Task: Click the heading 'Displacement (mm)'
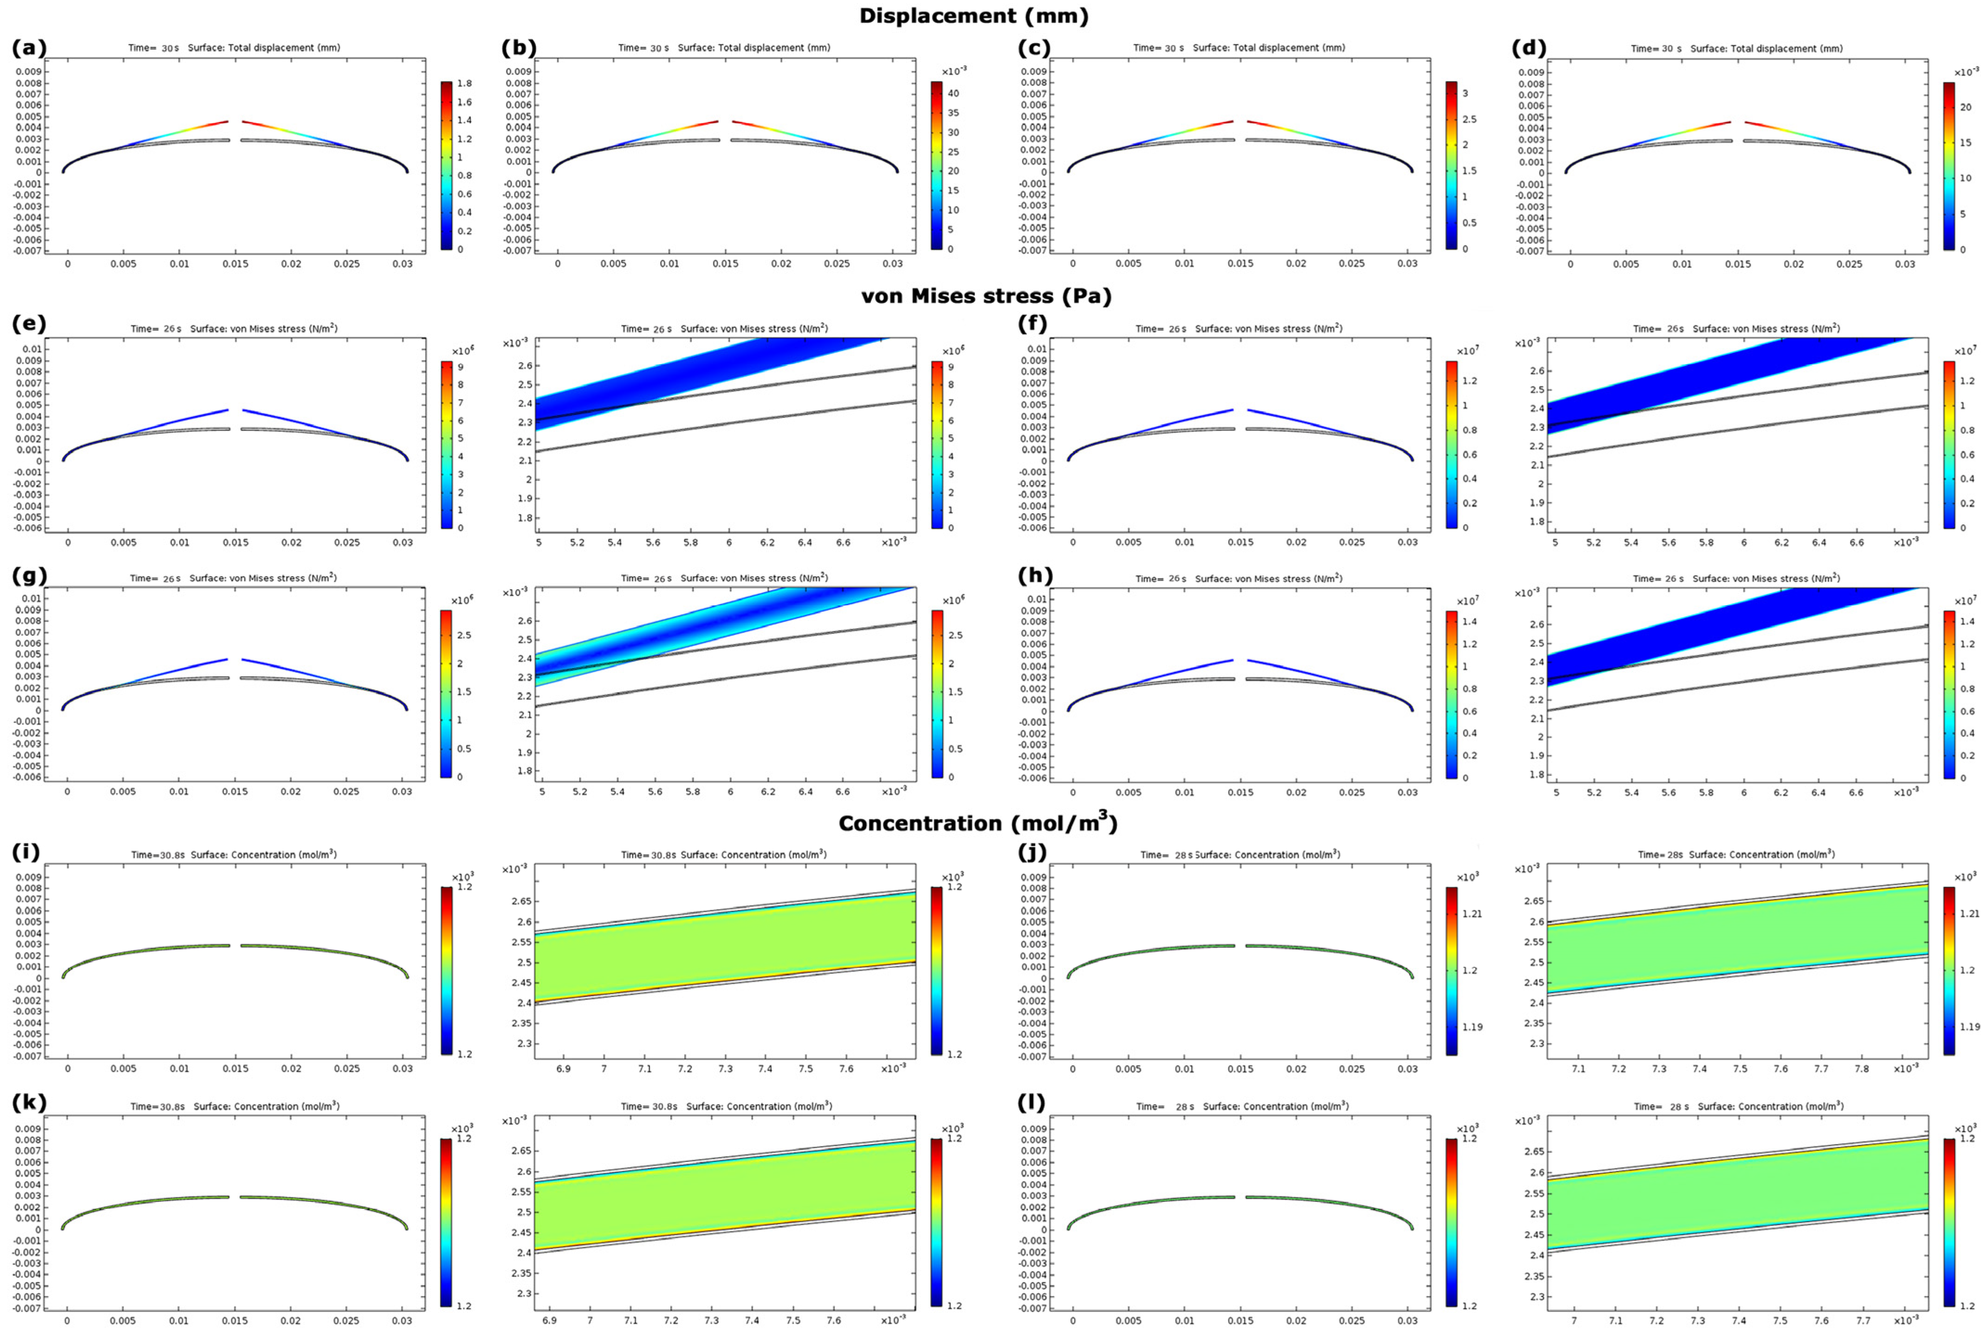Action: click(974, 15)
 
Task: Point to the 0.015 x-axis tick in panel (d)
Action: click(1737, 264)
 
